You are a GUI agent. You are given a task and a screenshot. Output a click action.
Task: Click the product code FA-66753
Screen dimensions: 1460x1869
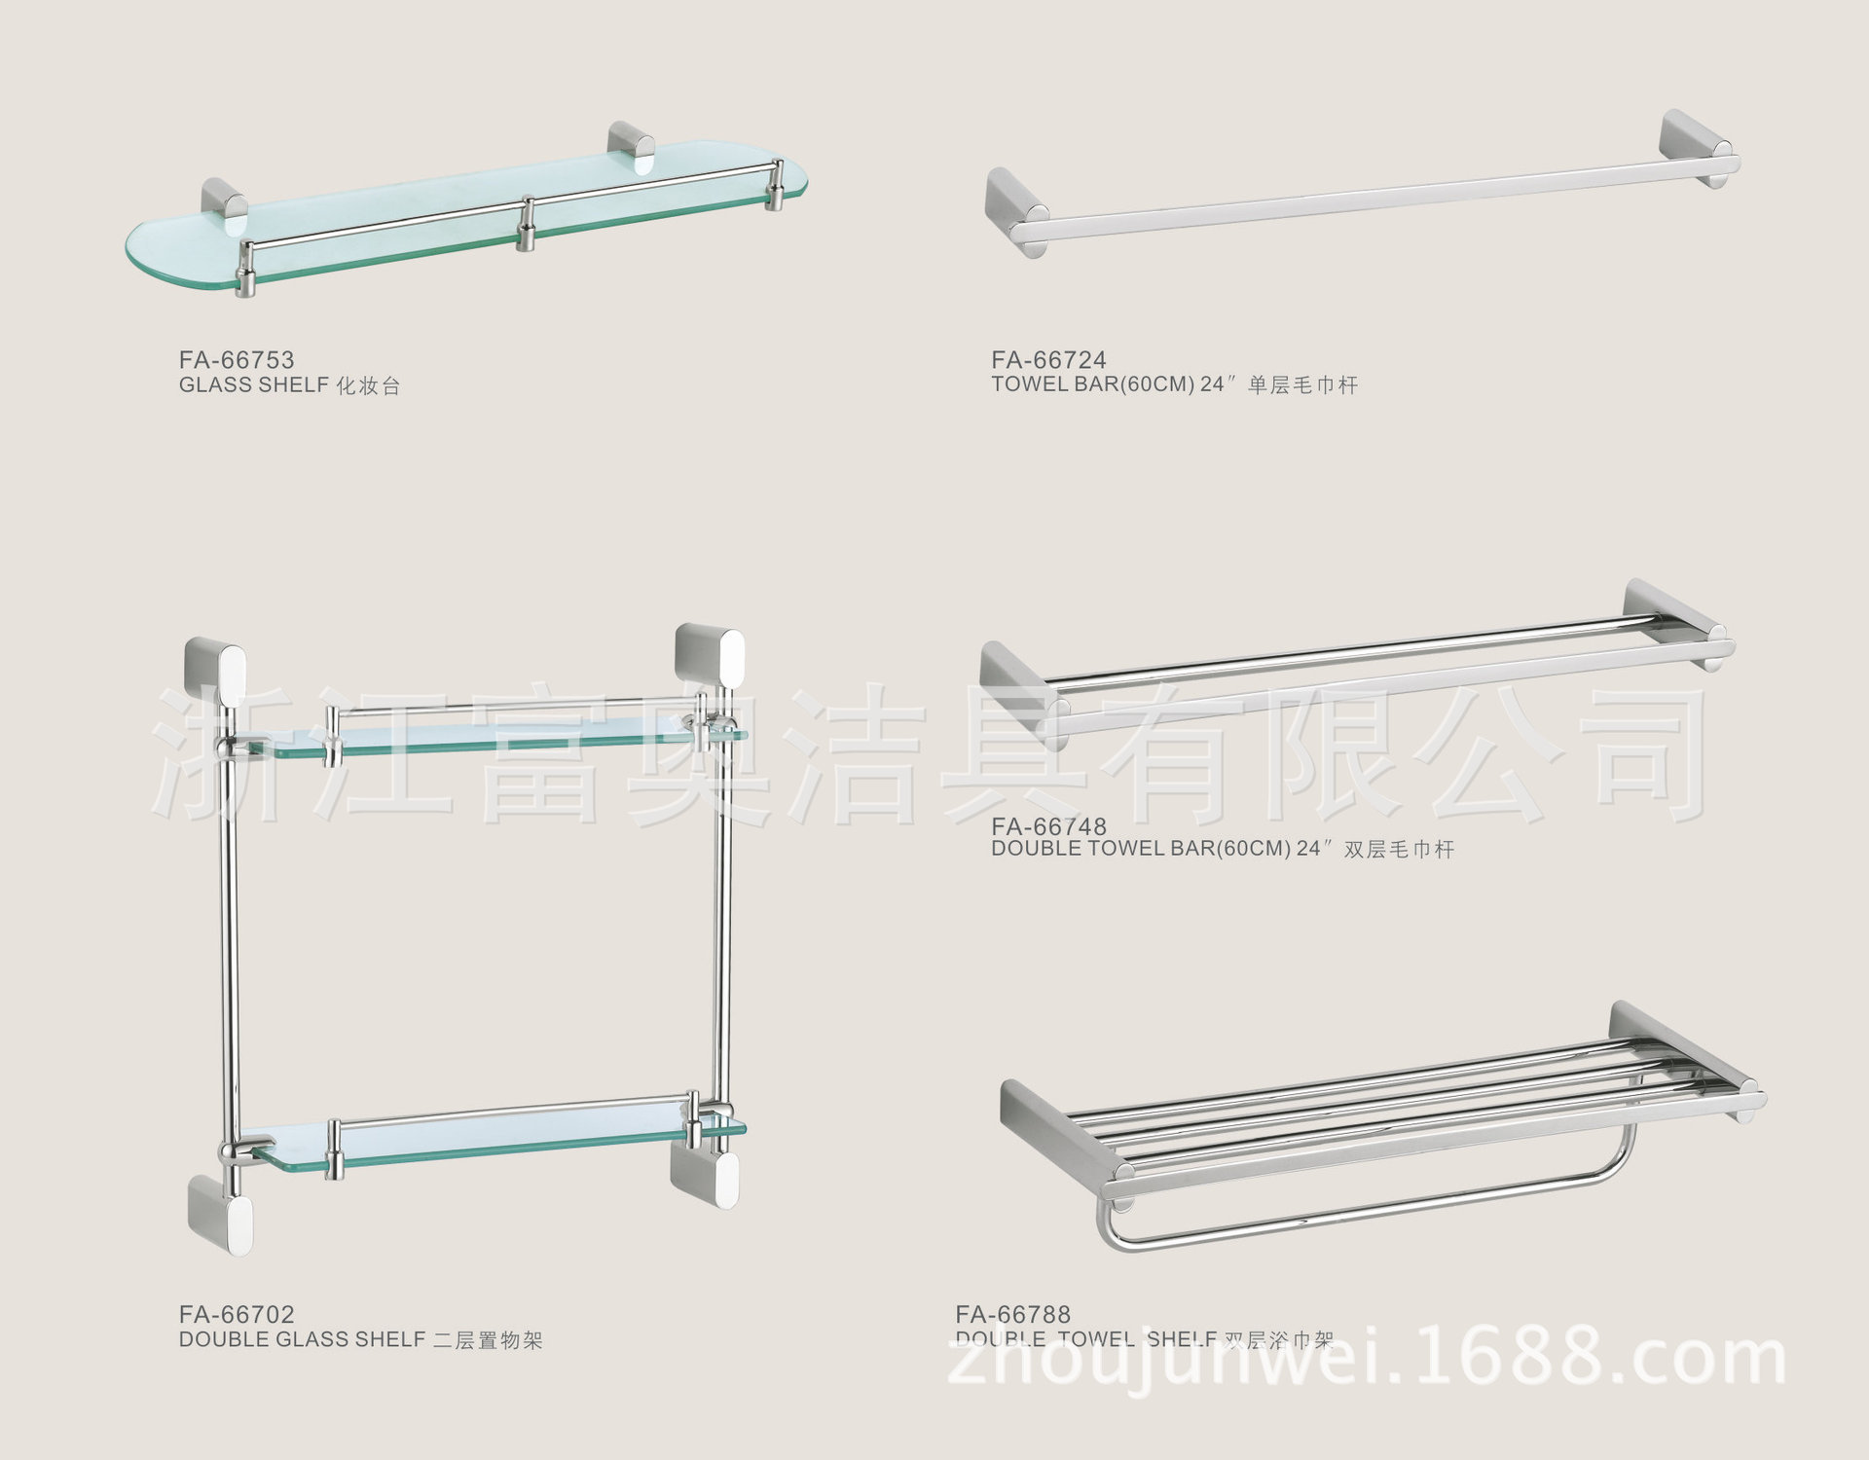tap(237, 360)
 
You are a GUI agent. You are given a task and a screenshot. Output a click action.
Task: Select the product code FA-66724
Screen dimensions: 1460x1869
tap(1048, 360)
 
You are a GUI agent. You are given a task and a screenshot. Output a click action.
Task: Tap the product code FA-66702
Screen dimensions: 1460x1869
tap(237, 1315)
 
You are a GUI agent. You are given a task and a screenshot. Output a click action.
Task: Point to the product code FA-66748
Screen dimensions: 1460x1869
tap(1048, 827)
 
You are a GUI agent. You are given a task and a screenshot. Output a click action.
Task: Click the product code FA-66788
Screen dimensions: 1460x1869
tap(1012, 1315)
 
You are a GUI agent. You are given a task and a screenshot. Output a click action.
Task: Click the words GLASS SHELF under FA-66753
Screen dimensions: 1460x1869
tap(253, 385)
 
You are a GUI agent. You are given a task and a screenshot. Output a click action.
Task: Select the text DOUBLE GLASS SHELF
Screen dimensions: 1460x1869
tap(302, 1340)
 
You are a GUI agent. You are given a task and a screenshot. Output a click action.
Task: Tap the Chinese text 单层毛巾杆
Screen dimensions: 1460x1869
tap(1302, 385)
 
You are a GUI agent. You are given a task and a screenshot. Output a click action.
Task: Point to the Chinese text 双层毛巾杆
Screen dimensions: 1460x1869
tap(1399, 850)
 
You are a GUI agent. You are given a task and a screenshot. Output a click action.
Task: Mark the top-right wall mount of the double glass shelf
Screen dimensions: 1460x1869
tap(709, 662)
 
